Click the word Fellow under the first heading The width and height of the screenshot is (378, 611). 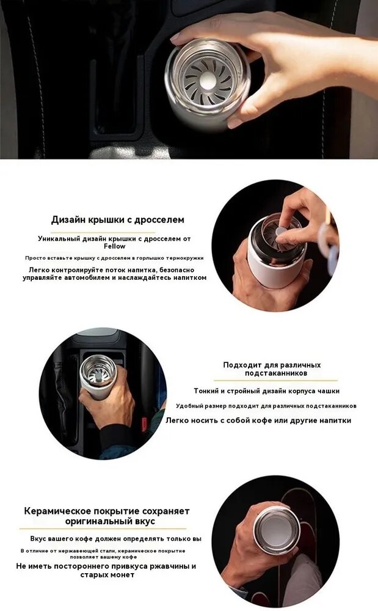(114, 246)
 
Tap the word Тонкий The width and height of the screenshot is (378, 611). (207, 391)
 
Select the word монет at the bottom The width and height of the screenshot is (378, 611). (124, 575)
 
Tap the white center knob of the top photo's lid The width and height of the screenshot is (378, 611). (207, 81)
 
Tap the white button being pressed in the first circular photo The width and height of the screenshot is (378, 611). (281, 232)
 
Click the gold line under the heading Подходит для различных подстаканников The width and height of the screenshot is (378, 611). (275, 380)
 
